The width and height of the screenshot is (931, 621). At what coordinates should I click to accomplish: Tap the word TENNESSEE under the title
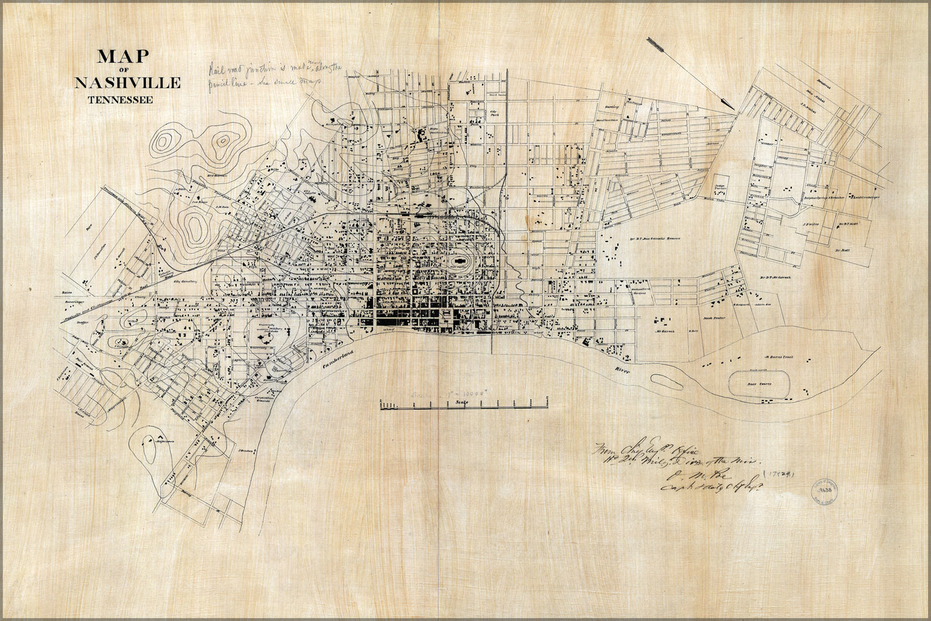click(120, 99)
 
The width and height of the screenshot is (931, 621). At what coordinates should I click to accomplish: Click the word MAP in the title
click(123, 57)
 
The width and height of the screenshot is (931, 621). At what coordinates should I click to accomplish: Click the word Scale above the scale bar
click(461, 403)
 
